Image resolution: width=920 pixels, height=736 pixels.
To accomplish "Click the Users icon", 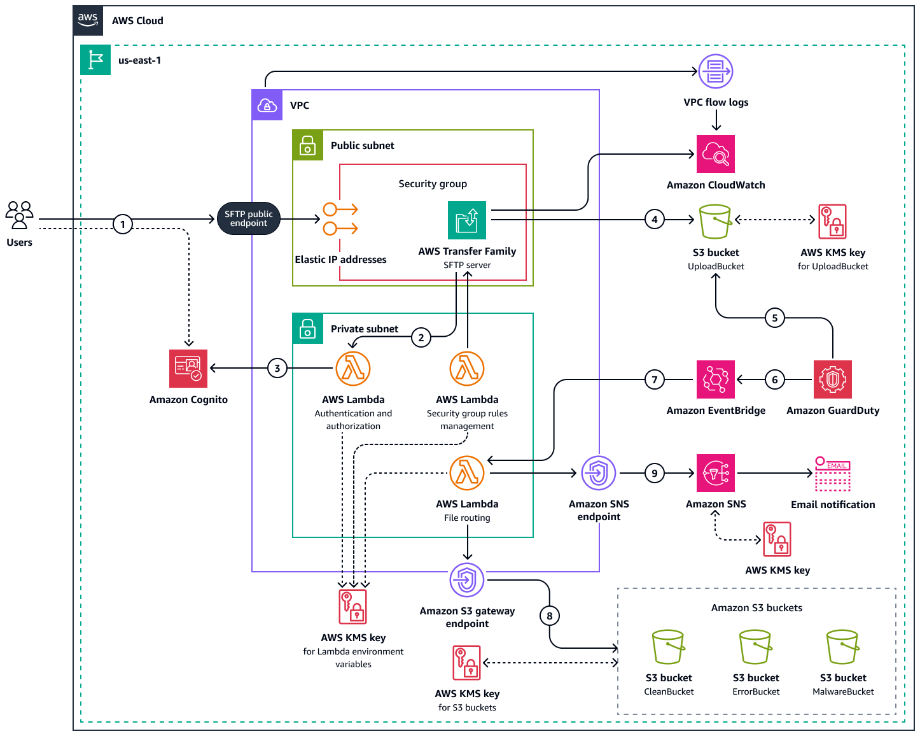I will [19, 215].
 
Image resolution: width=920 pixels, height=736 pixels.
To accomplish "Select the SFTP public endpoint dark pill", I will [249, 219].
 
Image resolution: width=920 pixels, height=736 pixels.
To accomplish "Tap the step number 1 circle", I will [123, 224].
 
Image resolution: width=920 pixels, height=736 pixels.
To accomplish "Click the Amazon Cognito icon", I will [188, 369].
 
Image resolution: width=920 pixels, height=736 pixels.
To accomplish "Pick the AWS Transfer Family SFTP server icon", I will [467, 220].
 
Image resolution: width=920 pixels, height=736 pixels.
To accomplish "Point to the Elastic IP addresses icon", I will [340, 219].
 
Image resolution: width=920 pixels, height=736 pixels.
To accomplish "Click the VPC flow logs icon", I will [716, 71].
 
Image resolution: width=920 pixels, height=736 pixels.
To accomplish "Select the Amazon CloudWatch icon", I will [716, 154].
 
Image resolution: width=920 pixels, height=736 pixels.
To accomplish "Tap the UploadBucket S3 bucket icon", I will [715, 222].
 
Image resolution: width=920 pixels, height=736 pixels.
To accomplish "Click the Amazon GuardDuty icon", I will [833, 379].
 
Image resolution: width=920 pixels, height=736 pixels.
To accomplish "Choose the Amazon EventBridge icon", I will [716, 379].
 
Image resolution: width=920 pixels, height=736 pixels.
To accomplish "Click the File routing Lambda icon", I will [467, 473].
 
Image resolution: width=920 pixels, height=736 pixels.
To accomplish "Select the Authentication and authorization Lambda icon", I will [353, 369].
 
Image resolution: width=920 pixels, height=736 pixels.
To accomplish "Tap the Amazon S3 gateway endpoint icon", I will [467, 580].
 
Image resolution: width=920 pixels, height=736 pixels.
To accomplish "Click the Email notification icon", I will [833, 474].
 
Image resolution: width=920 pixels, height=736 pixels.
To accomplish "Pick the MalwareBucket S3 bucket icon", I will [843, 648].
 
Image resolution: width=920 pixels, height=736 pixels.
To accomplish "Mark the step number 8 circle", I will [550, 616].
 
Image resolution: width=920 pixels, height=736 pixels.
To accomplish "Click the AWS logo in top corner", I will [88, 20].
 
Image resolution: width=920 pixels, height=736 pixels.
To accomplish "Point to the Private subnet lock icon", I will [308, 329].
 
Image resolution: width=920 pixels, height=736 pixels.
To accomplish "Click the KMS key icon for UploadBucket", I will [833, 222].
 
